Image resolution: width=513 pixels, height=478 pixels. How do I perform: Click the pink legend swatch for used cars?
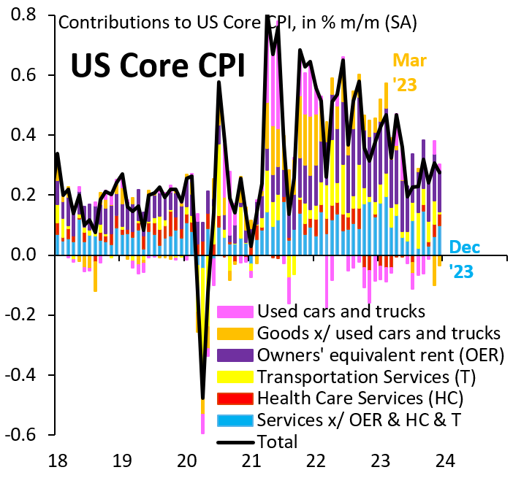235,312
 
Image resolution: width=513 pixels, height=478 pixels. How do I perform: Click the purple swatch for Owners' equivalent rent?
235,355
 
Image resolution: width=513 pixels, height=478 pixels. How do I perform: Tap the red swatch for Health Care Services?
235,398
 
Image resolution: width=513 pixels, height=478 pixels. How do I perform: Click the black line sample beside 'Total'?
235,442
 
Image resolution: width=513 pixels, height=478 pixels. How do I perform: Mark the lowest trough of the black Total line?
202,398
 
